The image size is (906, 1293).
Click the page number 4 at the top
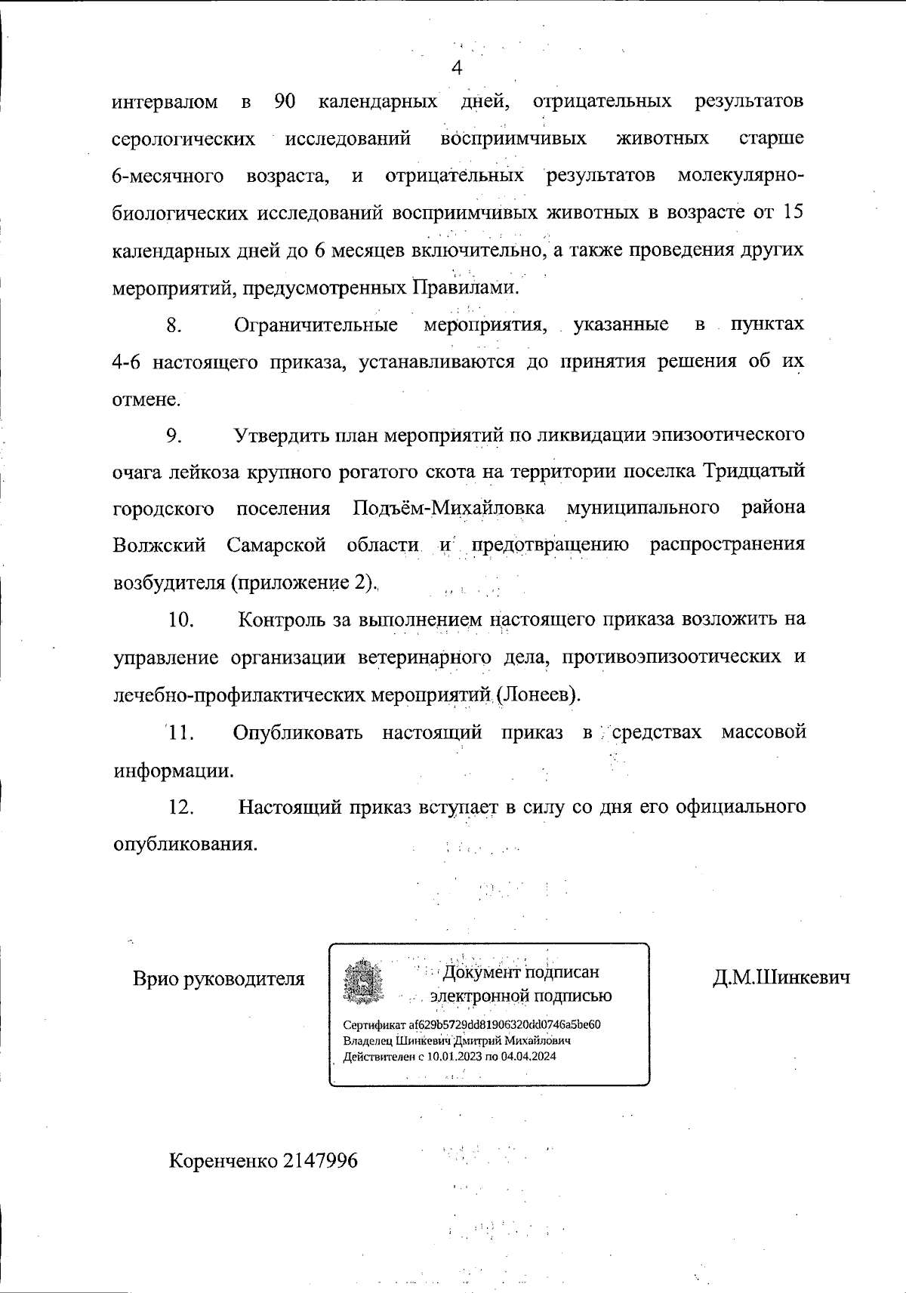(x=456, y=69)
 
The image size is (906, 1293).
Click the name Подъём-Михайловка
(x=449, y=508)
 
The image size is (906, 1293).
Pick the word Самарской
(x=276, y=545)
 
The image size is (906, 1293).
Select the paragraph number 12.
(x=181, y=807)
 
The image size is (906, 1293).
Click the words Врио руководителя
(x=219, y=979)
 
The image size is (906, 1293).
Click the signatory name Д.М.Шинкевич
(x=781, y=978)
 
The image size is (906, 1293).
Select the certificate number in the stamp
(x=504, y=1024)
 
